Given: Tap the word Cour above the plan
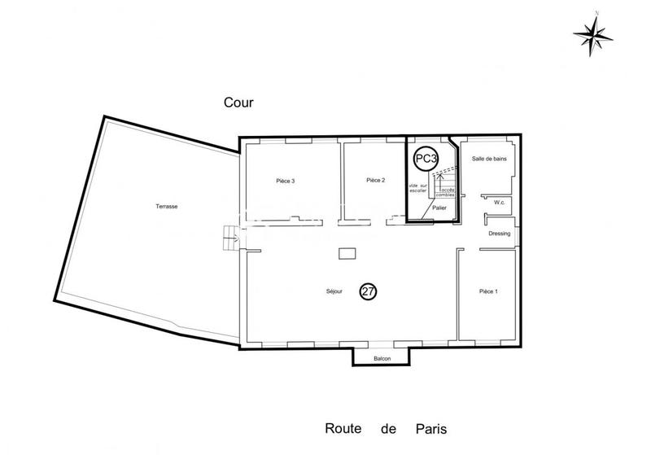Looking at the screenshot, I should click(239, 103).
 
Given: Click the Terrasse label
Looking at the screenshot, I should click(167, 207).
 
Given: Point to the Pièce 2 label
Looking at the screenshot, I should click(374, 180).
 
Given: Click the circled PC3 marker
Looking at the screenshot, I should click(426, 160).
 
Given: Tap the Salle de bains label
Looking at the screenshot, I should click(489, 159).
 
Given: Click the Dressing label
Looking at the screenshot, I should click(500, 234).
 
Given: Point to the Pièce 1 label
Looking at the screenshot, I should click(488, 291).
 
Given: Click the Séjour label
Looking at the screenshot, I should click(333, 291).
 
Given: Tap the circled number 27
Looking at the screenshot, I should click(368, 291).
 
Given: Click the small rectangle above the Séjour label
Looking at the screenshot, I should click(347, 254).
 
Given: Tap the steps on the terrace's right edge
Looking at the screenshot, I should click(229, 238).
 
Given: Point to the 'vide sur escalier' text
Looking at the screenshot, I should click(417, 188).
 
